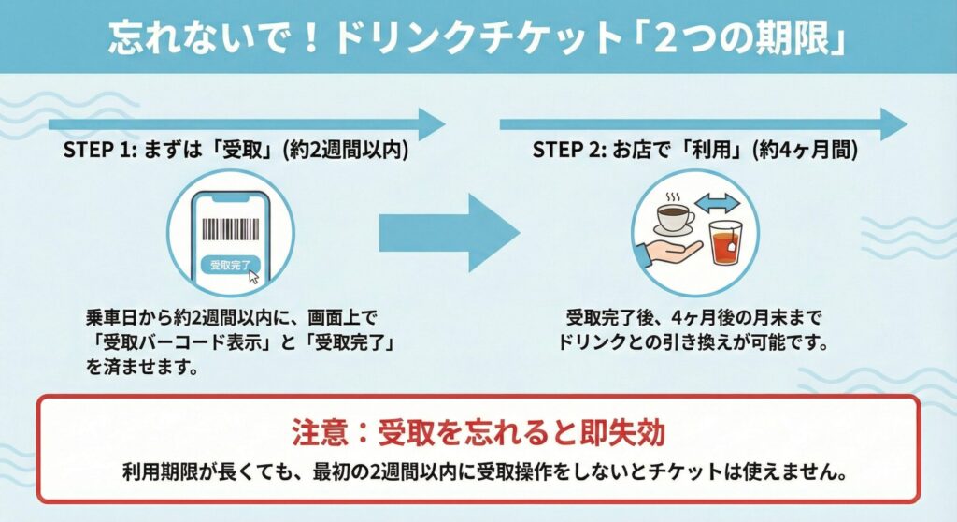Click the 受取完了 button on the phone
tap(228, 265)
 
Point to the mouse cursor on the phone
tap(252, 275)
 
